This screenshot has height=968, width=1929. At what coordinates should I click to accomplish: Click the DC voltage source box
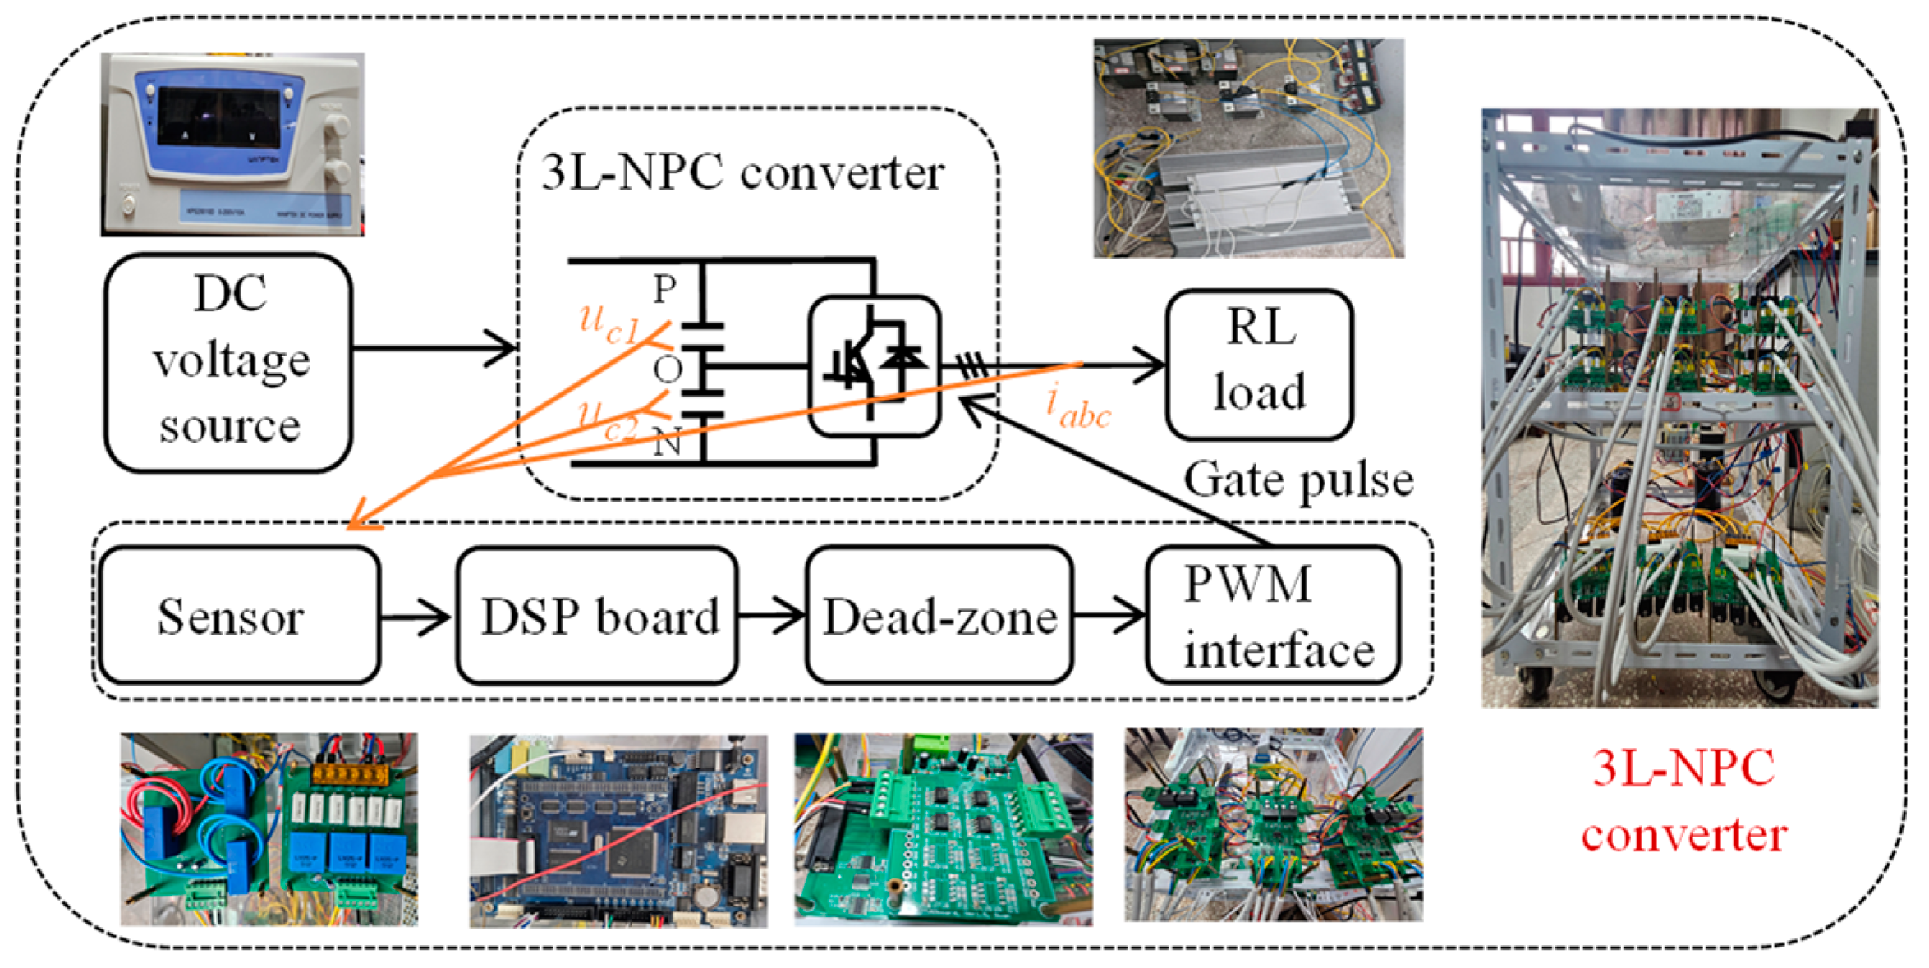point(228,362)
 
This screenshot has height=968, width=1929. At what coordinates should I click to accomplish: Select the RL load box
point(1258,364)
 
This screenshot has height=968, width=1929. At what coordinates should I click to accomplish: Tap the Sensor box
point(238,615)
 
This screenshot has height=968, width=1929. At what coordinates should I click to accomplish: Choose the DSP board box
point(597,615)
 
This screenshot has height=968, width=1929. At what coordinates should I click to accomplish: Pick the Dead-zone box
point(939,615)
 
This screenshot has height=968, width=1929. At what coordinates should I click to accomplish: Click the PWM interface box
point(1273,615)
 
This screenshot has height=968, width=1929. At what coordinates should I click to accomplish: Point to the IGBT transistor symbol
point(875,365)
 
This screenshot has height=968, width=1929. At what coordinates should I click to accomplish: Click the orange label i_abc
point(1077,408)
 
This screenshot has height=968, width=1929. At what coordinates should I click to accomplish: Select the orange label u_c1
point(609,323)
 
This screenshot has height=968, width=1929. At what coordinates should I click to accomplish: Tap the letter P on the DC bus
point(664,289)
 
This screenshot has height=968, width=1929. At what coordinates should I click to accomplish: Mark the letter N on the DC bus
point(667,443)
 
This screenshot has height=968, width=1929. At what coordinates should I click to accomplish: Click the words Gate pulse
point(1297,480)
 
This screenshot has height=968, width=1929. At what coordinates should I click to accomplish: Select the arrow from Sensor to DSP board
point(415,616)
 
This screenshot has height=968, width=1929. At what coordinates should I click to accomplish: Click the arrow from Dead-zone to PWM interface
point(1109,615)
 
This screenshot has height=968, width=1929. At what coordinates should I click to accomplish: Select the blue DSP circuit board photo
point(618,831)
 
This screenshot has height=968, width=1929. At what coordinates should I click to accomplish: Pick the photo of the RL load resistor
point(1248,148)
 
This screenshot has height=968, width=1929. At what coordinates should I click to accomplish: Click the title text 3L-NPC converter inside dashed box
point(742,173)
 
